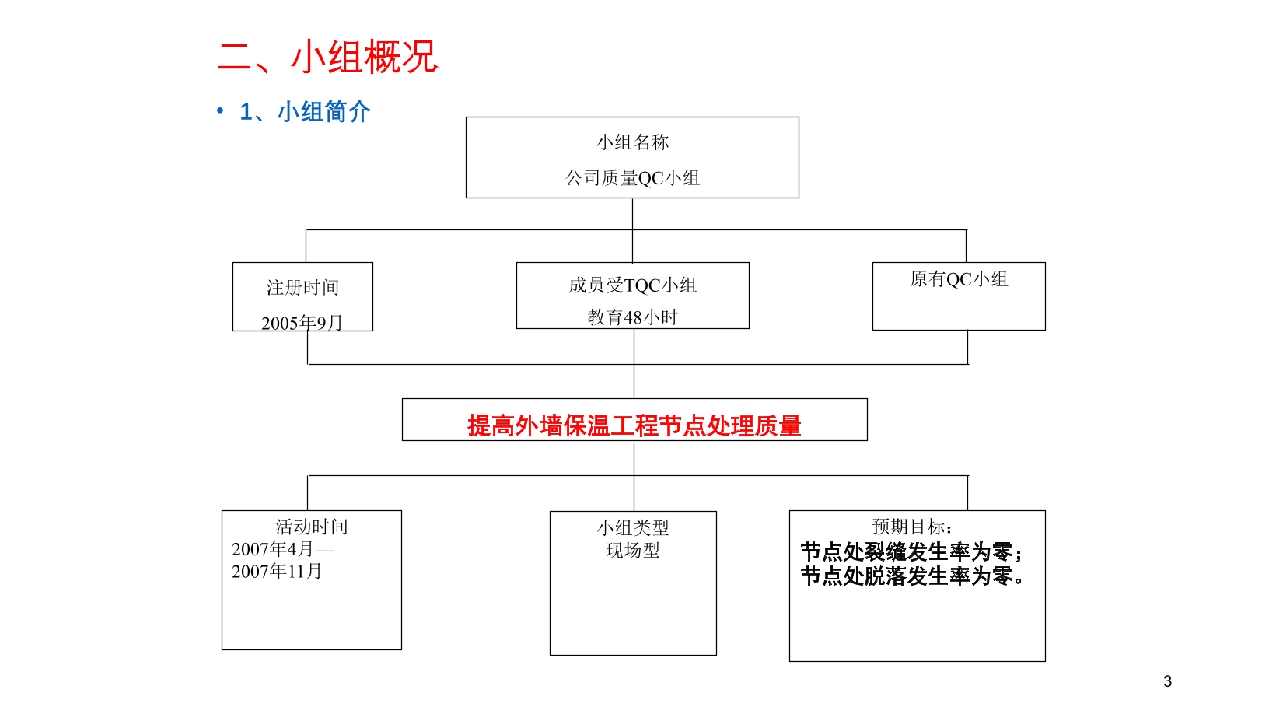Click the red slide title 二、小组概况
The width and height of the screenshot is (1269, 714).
(328, 57)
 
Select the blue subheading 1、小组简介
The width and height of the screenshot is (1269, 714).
(306, 112)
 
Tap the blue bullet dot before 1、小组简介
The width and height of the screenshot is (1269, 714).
(220, 110)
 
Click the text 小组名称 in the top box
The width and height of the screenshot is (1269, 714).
(633, 142)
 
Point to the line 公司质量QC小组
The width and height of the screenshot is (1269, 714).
(633, 178)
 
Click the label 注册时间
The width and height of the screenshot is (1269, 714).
(302, 287)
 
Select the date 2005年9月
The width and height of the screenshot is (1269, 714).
(302, 323)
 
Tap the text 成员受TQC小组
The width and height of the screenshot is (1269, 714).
(633, 285)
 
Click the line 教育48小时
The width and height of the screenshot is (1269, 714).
(633, 317)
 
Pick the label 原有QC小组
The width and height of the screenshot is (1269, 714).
(959, 278)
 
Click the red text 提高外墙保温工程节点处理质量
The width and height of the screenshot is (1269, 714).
(634, 425)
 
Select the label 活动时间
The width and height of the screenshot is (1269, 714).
(312, 527)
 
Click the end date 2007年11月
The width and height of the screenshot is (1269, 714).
(277, 571)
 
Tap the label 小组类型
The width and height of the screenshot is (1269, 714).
(633, 527)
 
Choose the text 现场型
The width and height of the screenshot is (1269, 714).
(633, 550)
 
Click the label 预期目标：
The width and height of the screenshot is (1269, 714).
(913, 527)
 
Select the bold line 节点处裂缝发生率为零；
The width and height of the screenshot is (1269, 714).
(911, 551)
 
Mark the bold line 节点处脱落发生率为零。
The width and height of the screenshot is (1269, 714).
(911, 576)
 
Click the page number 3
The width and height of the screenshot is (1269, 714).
(1168, 681)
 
